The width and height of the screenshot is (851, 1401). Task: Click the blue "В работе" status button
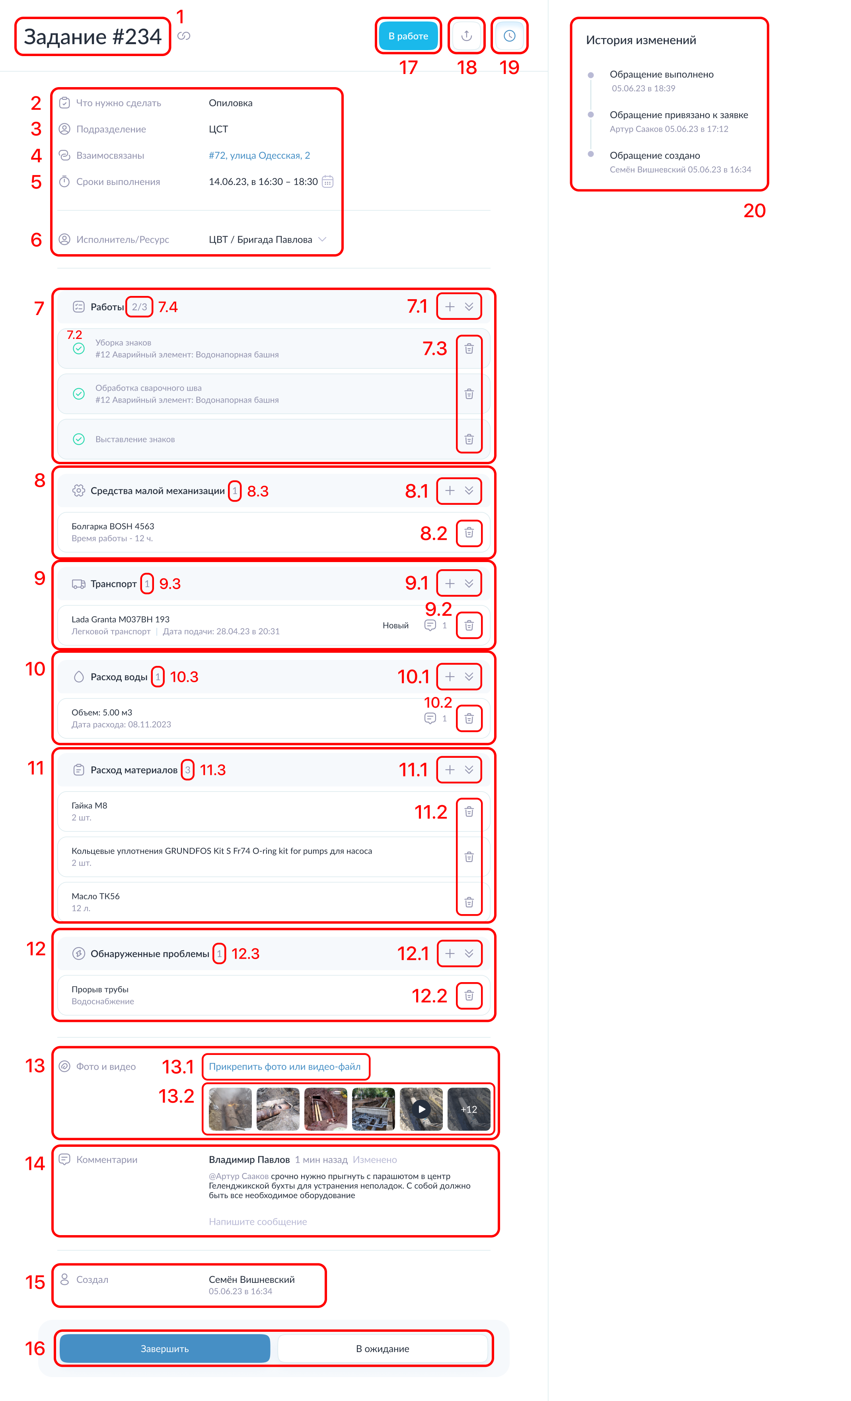[x=408, y=36]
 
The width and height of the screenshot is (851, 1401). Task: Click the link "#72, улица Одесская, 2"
[x=259, y=155]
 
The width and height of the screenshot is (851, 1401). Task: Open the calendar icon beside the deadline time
[x=328, y=181]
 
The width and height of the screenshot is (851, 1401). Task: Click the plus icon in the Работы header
[x=450, y=306]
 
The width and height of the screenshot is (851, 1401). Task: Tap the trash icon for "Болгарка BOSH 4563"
[x=469, y=533]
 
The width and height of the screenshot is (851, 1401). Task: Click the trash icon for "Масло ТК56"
[x=469, y=902]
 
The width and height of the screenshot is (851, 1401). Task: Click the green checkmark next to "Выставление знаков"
[x=79, y=439]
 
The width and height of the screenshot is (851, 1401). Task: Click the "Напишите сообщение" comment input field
[x=258, y=1221]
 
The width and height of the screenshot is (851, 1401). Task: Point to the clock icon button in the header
[x=510, y=36]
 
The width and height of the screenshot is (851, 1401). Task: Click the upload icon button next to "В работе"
[x=466, y=36]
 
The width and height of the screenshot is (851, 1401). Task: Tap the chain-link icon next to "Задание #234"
[x=184, y=36]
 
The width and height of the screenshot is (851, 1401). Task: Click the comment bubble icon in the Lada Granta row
[x=430, y=625]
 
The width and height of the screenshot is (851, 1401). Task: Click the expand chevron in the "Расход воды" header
[x=469, y=677]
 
